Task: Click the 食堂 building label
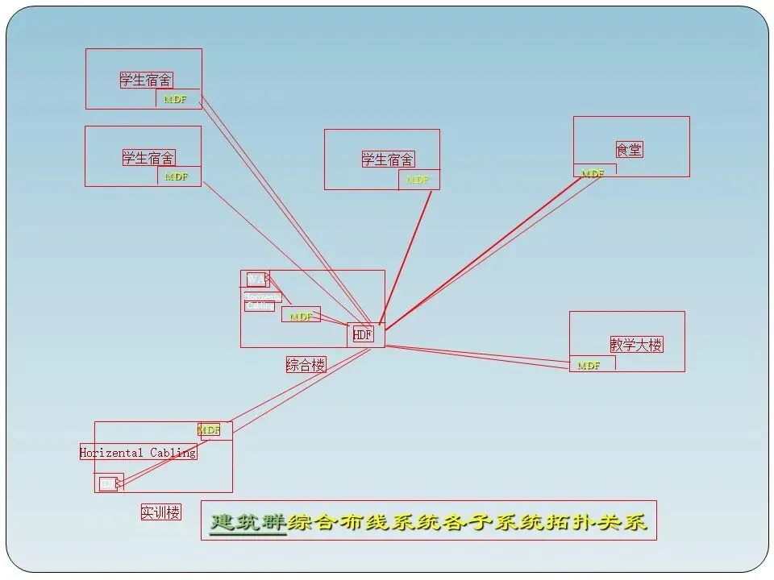[x=629, y=150]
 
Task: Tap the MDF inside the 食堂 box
[x=593, y=173]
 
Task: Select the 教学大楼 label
[x=636, y=345]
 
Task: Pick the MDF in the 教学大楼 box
[x=589, y=366]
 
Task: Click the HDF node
[x=363, y=334]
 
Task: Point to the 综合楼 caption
[x=306, y=365]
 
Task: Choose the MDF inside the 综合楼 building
[x=301, y=317]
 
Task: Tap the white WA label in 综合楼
[x=255, y=279]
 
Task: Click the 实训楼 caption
[x=160, y=512]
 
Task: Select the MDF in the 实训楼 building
[x=209, y=430]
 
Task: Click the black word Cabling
[x=173, y=453]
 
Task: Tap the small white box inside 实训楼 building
[x=107, y=483]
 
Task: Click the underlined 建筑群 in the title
[x=248, y=523]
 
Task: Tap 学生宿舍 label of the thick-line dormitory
[x=388, y=159]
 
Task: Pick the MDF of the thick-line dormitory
[x=418, y=180]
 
